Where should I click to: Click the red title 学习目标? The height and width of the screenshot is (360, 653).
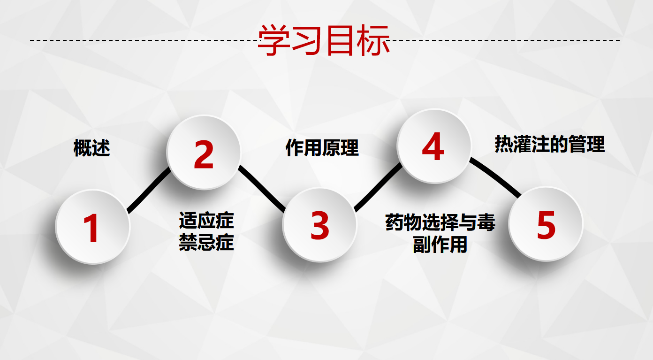324,40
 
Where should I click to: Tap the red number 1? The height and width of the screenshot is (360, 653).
91,228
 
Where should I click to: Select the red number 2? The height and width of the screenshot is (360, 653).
204,154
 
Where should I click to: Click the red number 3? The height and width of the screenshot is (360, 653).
320,225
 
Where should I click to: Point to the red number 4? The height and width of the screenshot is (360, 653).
433,146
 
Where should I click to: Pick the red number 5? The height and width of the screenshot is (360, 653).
546,225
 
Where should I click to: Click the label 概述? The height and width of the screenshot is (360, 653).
92,148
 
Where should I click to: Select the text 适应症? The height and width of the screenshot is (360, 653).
206,221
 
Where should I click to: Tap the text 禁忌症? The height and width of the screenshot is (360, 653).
206,243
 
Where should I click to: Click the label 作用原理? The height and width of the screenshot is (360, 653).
322,148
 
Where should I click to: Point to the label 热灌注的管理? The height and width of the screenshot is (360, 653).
550,144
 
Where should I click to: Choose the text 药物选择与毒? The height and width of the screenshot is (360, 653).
440,222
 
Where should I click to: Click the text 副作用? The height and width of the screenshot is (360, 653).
440,245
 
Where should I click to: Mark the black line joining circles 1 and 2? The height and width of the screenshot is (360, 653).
149,190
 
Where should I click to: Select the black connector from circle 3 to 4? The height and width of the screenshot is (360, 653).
378,187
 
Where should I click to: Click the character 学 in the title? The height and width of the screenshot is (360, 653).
274,40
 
